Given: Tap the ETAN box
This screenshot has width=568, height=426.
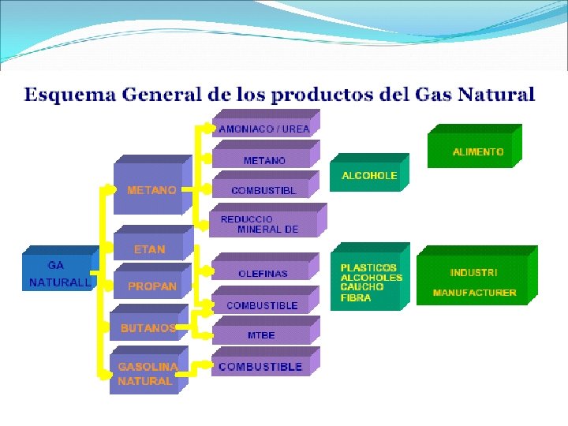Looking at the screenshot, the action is (x=150, y=249).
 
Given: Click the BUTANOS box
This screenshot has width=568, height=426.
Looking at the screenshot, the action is (x=148, y=328).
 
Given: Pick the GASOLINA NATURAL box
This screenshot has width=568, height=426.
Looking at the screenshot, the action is (x=147, y=374).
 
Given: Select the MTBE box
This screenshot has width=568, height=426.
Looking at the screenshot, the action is (x=262, y=334).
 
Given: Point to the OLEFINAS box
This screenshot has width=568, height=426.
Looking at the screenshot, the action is (x=263, y=274).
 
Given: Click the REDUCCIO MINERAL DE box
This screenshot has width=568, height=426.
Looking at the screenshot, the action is (x=263, y=224).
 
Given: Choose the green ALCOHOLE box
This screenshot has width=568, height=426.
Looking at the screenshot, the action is (x=369, y=176).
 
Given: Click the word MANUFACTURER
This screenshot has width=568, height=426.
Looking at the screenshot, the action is (x=475, y=293).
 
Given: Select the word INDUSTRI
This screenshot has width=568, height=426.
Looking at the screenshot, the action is (x=473, y=272).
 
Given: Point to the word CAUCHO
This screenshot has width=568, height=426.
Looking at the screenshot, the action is (x=362, y=287).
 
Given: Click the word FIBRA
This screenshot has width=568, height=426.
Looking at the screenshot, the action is (x=357, y=297).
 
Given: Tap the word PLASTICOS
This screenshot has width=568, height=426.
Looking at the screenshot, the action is (x=368, y=267).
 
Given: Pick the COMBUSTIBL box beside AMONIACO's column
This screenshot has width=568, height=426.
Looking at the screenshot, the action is (x=263, y=191).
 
